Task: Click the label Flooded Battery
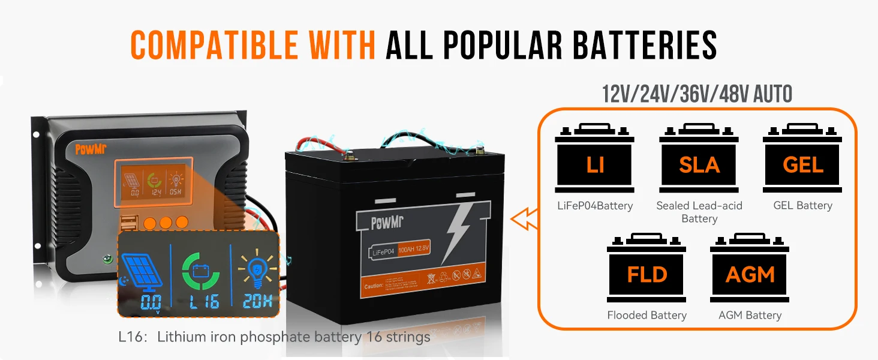pos(647,315)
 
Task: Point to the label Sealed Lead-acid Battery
pos(699,212)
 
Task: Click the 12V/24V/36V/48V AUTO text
pos(697,94)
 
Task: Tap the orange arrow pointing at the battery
pos(523,219)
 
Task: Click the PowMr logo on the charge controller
pos(91,149)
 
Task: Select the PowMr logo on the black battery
pos(387,223)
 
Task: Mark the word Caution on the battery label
pos(374,286)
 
